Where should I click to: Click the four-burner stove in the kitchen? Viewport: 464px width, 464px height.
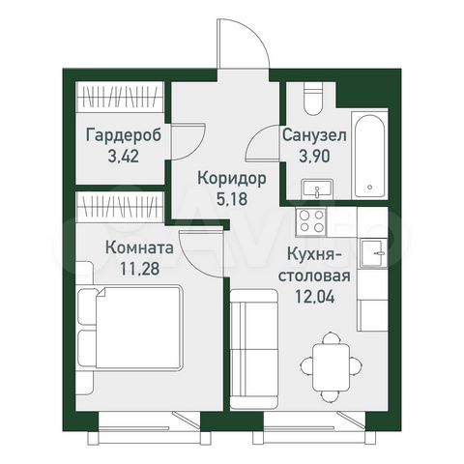pyautogui.click(x=315, y=221)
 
